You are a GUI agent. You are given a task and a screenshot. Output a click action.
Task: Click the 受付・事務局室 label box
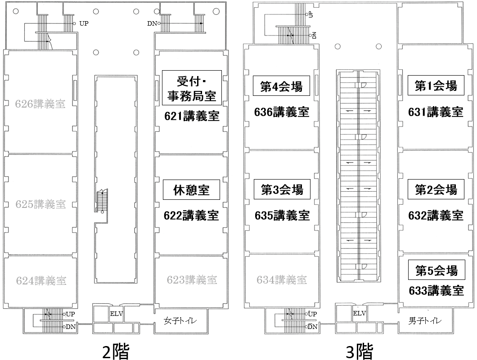click(192, 88)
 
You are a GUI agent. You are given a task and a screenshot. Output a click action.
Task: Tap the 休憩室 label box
click(192, 190)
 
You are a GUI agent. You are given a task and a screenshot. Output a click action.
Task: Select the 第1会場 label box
click(436, 85)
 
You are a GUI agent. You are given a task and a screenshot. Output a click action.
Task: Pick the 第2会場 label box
click(436, 190)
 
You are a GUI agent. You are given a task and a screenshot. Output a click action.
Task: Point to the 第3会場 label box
click(282, 190)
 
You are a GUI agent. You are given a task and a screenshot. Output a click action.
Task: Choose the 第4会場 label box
click(282, 85)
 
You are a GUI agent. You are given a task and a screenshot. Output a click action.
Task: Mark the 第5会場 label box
click(436, 270)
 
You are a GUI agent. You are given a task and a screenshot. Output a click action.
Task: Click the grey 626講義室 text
click(40, 104)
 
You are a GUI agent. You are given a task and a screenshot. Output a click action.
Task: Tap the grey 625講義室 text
click(40, 204)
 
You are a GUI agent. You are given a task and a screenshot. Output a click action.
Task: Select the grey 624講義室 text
click(41, 280)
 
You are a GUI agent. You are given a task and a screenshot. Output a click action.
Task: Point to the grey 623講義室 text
click(192, 280)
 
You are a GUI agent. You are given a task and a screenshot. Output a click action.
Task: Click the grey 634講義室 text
click(282, 280)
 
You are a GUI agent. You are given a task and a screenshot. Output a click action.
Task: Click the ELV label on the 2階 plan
click(116, 314)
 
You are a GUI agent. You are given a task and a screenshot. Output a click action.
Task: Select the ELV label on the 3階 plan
click(359, 313)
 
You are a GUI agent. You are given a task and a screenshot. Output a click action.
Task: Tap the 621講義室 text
click(192, 116)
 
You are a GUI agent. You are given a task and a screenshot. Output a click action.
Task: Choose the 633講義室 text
click(436, 290)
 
